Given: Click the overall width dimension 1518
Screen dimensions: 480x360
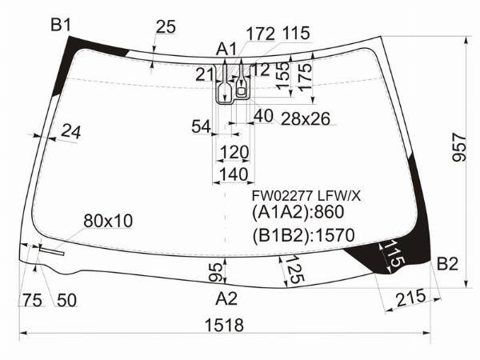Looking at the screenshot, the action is (224, 325).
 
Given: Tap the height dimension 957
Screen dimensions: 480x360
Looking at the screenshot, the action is (459, 147).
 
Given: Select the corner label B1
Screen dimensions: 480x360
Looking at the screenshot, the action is (61, 24).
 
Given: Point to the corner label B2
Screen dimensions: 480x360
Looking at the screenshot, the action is (447, 263).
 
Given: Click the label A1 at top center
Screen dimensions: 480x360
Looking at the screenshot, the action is (226, 49).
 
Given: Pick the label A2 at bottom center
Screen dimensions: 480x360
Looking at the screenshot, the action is (226, 298).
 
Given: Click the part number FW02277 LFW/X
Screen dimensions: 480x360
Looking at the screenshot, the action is (306, 196).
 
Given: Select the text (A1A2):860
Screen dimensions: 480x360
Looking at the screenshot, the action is (298, 212).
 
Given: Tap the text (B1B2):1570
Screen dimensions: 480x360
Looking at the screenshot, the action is (303, 235).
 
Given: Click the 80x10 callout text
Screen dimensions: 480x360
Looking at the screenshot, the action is (108, 221).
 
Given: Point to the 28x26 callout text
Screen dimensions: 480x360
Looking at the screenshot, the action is (306, 118).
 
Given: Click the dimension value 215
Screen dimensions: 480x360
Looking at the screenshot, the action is (411, 298).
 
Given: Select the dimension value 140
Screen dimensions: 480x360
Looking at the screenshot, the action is (234, 174).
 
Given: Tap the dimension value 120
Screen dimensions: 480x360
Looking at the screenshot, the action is (234, 152).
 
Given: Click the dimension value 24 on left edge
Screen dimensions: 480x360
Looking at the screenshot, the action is (71, 132).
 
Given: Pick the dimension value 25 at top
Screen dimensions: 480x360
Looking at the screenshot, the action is (166, 26).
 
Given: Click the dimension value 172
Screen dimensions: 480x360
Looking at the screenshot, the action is (261, 34).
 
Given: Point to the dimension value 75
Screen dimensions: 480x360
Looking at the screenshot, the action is (32, 300).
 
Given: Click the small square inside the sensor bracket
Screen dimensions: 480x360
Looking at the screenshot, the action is (242, 91).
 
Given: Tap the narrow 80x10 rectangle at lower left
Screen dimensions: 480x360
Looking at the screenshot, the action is (51, 251).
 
